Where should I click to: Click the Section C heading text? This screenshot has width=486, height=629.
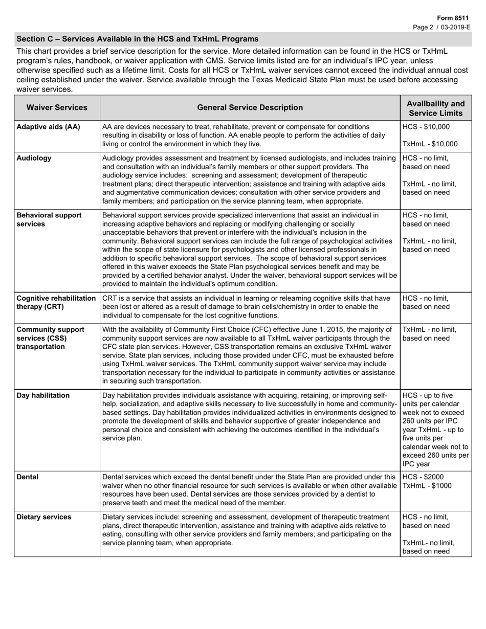pos(137,39)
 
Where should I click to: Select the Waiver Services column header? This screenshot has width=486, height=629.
pos(57,107)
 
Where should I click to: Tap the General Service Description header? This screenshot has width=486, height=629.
pos(250,107)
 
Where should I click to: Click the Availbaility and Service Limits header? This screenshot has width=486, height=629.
pos(435,108)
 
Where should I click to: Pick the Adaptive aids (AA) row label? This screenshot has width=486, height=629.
pos(49,127)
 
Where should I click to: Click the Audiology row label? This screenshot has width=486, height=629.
pos(34,158)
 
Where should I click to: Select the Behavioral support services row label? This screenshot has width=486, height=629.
pos(49,219)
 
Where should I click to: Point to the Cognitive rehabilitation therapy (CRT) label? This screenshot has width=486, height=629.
pos(56,302)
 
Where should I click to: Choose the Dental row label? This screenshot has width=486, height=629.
pos(28,477)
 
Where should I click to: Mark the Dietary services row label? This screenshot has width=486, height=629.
pos(44,517)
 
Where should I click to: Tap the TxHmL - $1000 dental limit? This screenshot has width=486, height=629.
pos(427,486)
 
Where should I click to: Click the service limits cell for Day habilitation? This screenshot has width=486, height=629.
pos(435,430)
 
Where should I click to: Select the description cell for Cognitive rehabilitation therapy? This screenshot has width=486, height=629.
pos(250,307)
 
